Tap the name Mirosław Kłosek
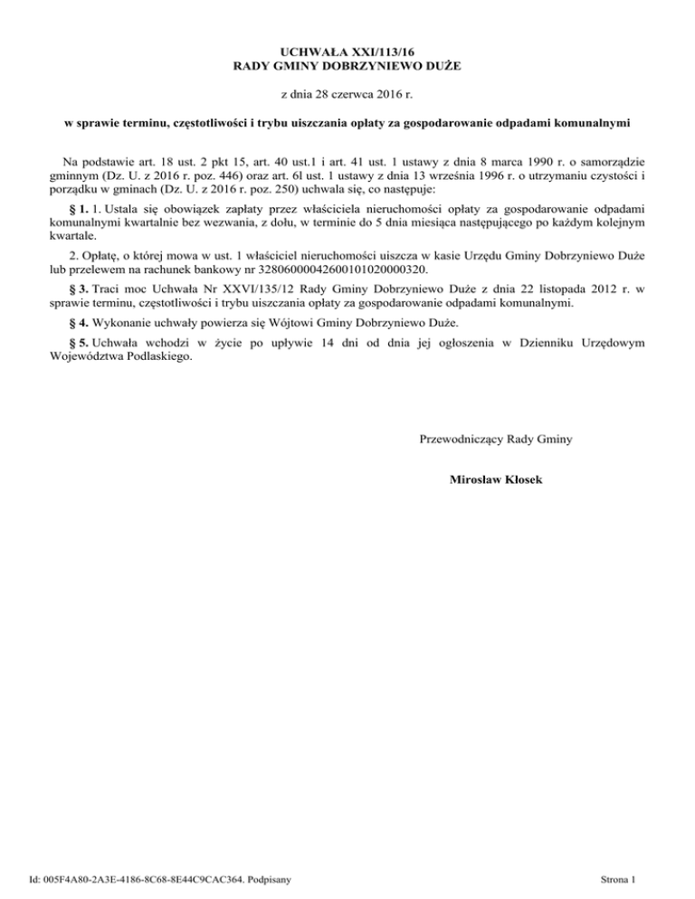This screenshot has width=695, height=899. coord(496,478)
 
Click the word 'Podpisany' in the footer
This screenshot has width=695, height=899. coord(276,878)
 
